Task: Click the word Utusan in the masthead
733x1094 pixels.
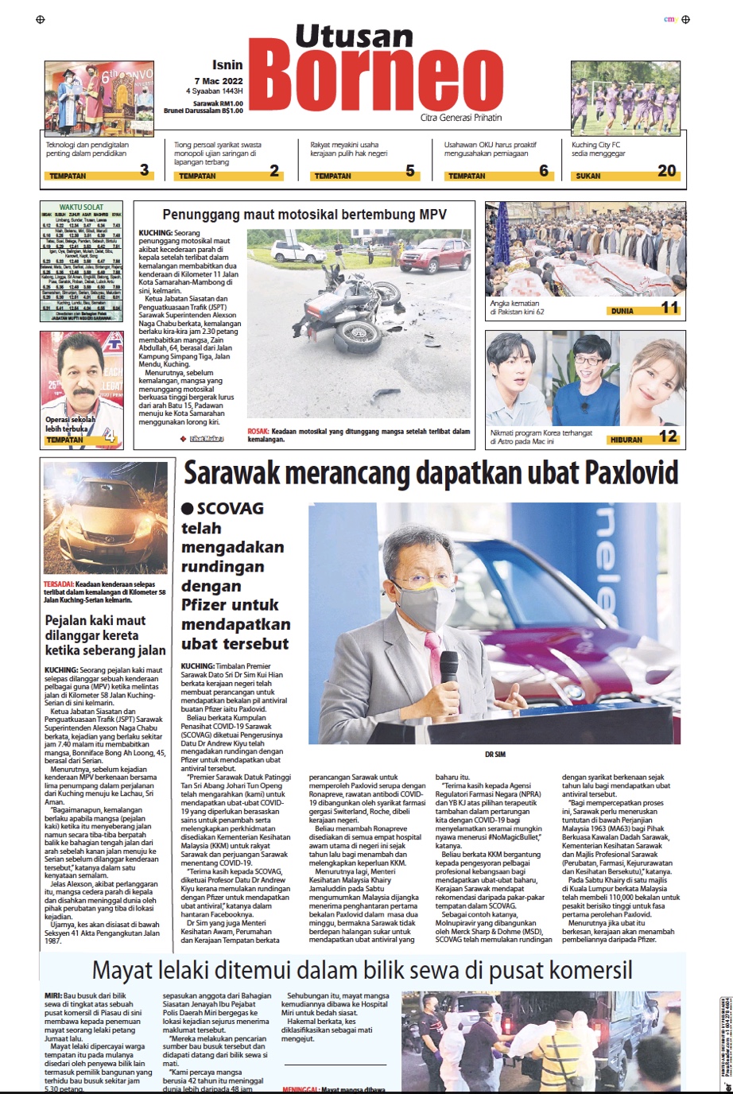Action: coord(354,36)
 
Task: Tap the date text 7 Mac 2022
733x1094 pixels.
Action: coord(219,81)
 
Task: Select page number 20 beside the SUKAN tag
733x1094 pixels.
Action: coord(666,170)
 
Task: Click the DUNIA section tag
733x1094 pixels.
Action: coord(622,311)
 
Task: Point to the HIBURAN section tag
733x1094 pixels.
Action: coord(626,439)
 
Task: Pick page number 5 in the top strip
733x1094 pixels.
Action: coord(410,170)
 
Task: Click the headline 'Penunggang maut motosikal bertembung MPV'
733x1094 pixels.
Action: coord(304,215)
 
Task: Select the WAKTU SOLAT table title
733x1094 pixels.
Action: coord(81,208)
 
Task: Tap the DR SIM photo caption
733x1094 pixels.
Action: coord(494,755)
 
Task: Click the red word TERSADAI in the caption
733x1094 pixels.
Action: coord(58,584)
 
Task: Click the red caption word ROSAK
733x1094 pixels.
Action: coord(258,431)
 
